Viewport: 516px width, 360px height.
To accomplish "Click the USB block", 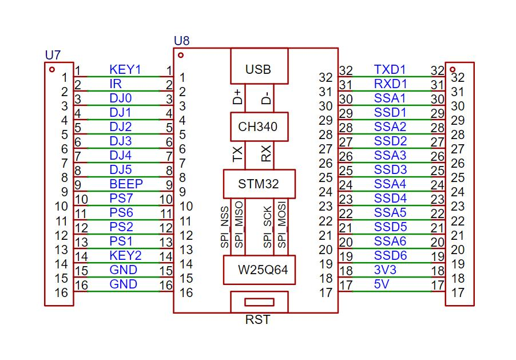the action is point(259,66).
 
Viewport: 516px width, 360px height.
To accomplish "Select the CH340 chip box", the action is point(259,127).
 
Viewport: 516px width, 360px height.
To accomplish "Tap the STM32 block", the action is point(259,184).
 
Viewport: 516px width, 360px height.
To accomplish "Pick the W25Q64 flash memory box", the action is point(259,270).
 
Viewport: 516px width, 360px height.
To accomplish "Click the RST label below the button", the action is point(257,320).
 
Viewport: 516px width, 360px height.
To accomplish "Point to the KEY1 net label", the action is point(125,70).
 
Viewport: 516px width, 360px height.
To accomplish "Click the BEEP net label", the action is point(126,184).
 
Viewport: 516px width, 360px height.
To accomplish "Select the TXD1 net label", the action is point(390,70).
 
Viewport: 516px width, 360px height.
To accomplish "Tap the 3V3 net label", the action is point(385,270).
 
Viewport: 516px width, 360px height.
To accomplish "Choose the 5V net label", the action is point(382,284).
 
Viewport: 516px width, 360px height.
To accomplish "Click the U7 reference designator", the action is point(53,55).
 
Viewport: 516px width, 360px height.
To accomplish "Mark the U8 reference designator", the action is point(182,41).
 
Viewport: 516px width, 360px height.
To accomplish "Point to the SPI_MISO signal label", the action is point(239,224).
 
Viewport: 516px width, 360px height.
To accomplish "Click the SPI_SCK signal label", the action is point(268,227).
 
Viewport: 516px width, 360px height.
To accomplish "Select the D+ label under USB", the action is point(237,97).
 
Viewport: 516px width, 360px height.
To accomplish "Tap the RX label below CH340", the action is point(266,153).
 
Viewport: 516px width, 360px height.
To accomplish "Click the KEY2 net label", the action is point(125,256).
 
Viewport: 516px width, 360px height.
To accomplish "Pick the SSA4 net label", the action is point(390,184).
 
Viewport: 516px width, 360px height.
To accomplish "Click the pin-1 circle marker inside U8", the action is point(181,55).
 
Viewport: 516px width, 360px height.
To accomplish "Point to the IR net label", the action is point(116,84).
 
